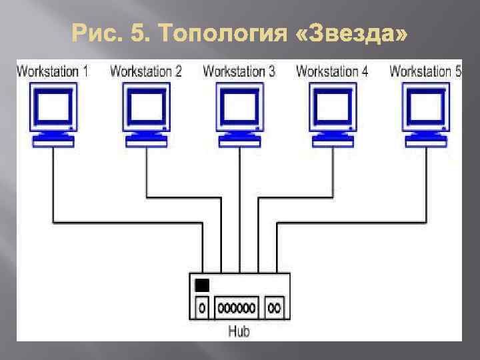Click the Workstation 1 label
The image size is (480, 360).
pyautogui.click(x=52, y=71)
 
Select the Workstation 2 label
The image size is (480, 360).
pyautogui.click(x=145, y=71)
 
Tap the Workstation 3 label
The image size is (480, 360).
pyautogui.click(x=239, y=71)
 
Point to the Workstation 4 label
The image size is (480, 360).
pyautogui.click(x=332, y=71)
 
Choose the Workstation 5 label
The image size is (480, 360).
pyautogui.click(x=425, y=71)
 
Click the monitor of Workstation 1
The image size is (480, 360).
pyautogui.click(x=52, y=107)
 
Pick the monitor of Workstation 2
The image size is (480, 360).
pyautogui.click(x=145, y=107)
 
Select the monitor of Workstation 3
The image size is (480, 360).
pyautogui.click(x=239, y=107)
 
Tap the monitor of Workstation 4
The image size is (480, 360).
pyautogui.click(x=332, y=107)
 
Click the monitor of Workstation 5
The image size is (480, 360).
pyautogui.click(x=425, y=107)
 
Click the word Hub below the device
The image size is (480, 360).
pyautogui.click(x=239, y=331)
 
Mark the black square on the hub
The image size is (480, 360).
pyautogui.click(x=202, y=285)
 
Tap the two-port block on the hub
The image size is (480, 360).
pyautogui.click(x=274, y=307)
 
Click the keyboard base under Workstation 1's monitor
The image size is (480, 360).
pyautogui.click(x=52, y=141)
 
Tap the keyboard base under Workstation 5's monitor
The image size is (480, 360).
pyautogui.click(x=425, y=141)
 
